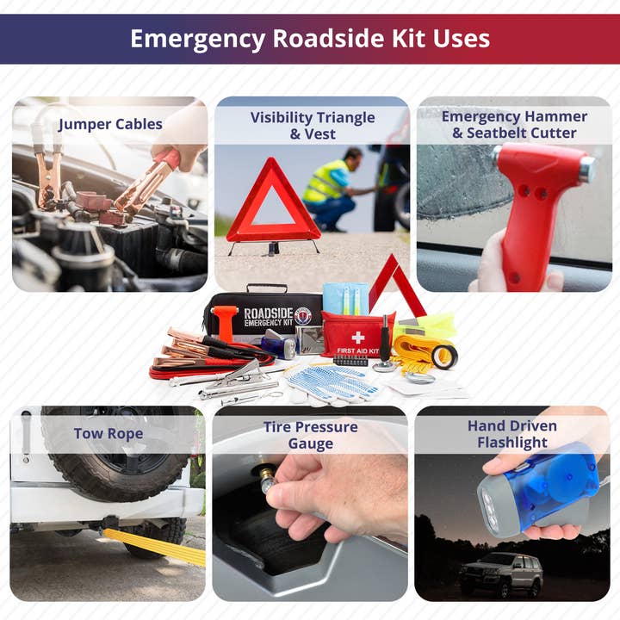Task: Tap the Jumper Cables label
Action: [110, 124]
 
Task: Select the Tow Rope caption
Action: [108, 433]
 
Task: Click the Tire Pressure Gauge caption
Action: [310, 435]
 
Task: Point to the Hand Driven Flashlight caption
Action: [512, 434]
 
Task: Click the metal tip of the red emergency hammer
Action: [588, 169]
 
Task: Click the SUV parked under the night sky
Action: [501, 573]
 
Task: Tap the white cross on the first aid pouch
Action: [358, 338]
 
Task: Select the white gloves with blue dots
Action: [330, 383]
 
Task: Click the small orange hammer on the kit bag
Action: [225, 323]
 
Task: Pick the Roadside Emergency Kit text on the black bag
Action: [269, 317]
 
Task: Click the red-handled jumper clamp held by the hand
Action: [147, 182]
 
